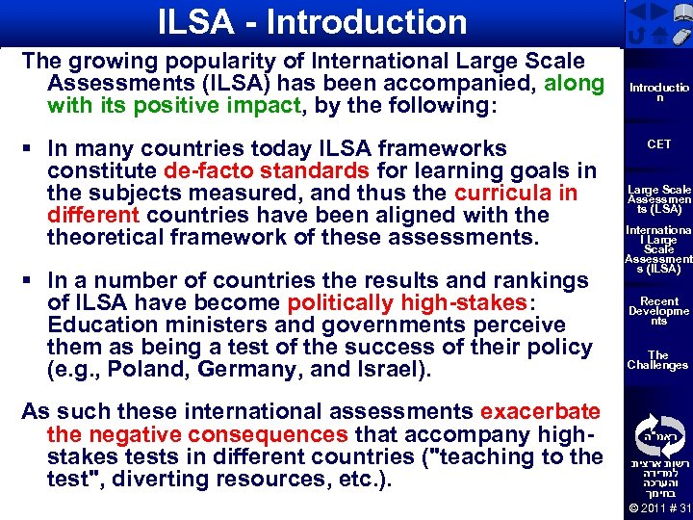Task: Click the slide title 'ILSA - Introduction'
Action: click(314, 22)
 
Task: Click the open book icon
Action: click(681, 13)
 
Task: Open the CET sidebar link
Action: click(659, 144)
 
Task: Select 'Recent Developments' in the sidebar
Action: click(659, 311)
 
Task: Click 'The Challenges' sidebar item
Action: click(659, 360)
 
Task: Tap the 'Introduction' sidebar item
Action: click(659, 92)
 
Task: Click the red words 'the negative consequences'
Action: click(197, 435)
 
